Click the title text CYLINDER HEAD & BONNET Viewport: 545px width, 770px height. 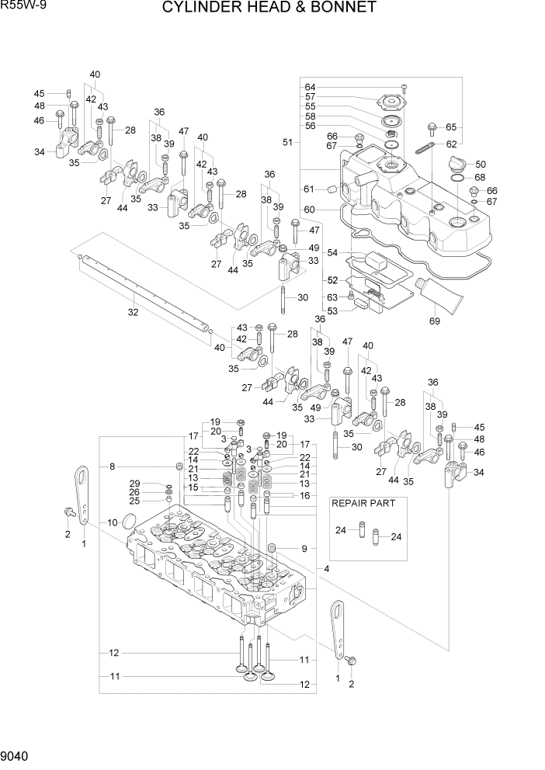[269, 9]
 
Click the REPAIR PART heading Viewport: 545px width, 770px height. [363, 503]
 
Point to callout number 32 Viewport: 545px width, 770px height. [133, 312]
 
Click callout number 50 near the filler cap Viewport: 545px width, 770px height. [481, 164]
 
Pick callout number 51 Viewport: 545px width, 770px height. [288, 142]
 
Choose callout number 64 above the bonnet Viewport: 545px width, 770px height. [310, 87]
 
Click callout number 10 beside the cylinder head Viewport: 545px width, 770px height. [112, 522]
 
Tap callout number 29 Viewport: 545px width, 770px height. [134, 483]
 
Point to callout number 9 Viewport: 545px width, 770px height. [304, 549]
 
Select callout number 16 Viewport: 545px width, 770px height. [304, 494]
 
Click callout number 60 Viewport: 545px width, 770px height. [310, 209]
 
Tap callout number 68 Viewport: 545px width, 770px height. [480, 177]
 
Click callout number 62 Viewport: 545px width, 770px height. [451, 144]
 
